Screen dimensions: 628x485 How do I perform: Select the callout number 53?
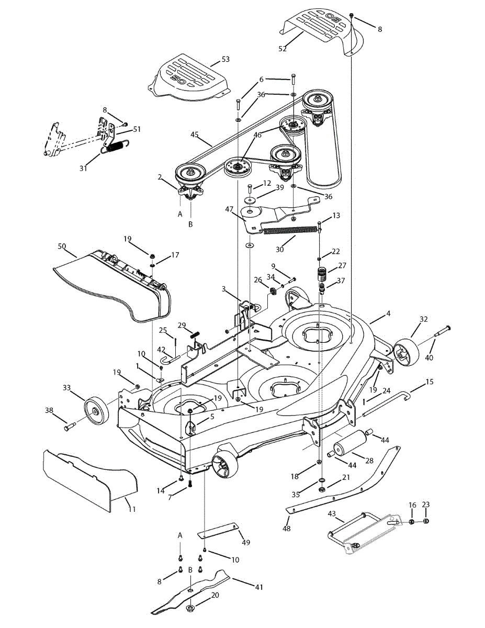(225, 59)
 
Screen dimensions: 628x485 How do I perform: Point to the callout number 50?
(62, 245)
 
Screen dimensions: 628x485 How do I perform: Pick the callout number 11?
(131, 509)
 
